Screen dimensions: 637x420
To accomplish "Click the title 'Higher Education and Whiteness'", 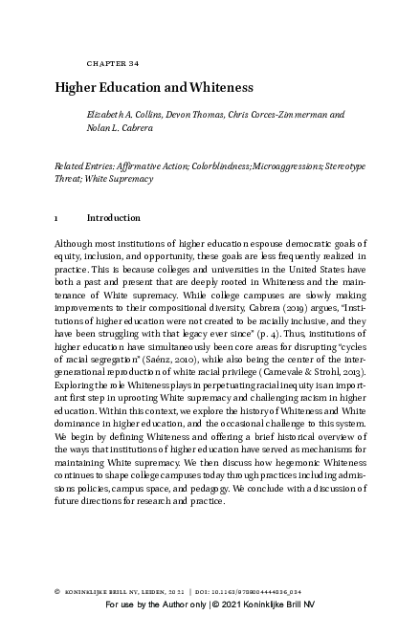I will pyautogui.click(x=153, y=87).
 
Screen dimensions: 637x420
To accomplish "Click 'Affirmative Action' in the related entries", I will pyautogui.click(x=153, y=165).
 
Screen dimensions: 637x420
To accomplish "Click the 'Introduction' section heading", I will pyautogui.click(x=113, y=218).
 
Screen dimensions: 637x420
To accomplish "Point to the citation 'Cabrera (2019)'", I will pyautogui.click(x=263, y=310).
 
